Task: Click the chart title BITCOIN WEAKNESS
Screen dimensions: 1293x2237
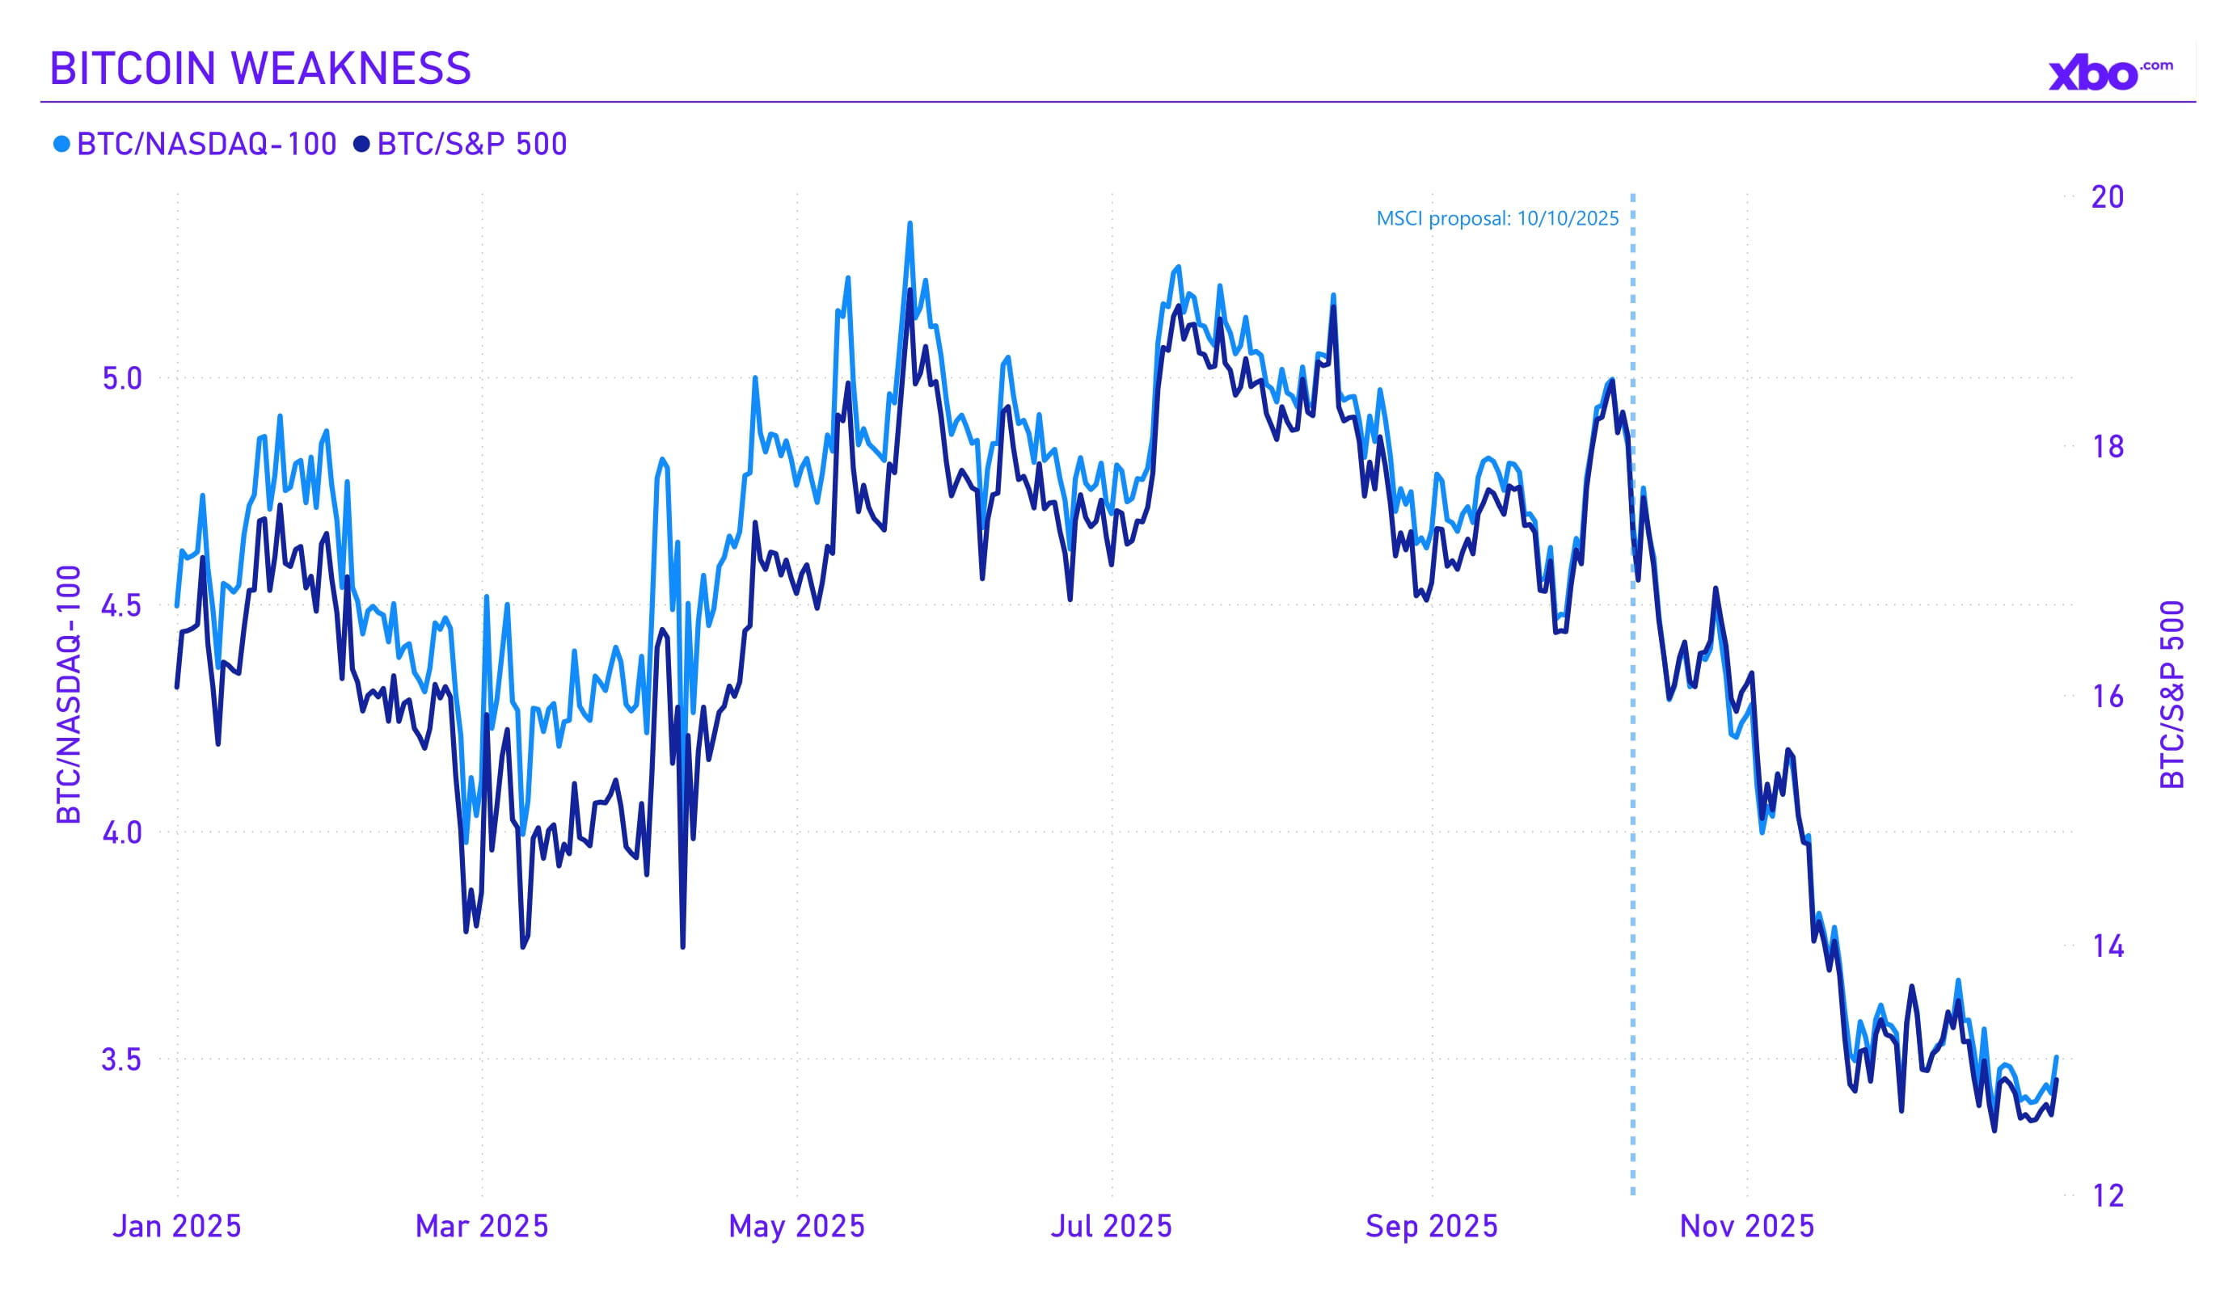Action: tap(260, 69)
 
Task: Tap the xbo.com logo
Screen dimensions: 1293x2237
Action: tap(2109, 74)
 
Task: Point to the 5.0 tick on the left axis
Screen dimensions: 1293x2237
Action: tap(123, 379)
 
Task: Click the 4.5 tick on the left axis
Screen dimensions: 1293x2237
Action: tap(123, 606)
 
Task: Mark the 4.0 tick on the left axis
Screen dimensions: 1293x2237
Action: tap(123, 832)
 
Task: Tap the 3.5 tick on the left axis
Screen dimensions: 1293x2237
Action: tap(123, 1059)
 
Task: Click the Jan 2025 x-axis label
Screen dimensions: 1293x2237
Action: tap(177, 1227)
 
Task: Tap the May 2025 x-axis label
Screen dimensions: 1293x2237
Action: tap(796, 1227)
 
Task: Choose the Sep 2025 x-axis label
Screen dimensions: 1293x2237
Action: tap(1431, 1227)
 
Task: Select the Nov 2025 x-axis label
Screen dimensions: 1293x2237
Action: tap(1746, 1227)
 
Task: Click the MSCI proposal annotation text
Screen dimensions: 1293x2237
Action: tap(1496, 218)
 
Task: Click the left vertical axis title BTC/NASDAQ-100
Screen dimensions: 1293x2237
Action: tap(70, 694)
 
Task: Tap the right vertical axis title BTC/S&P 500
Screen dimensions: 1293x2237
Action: tap(2172, 694)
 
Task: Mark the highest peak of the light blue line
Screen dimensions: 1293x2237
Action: tap(910, 224)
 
